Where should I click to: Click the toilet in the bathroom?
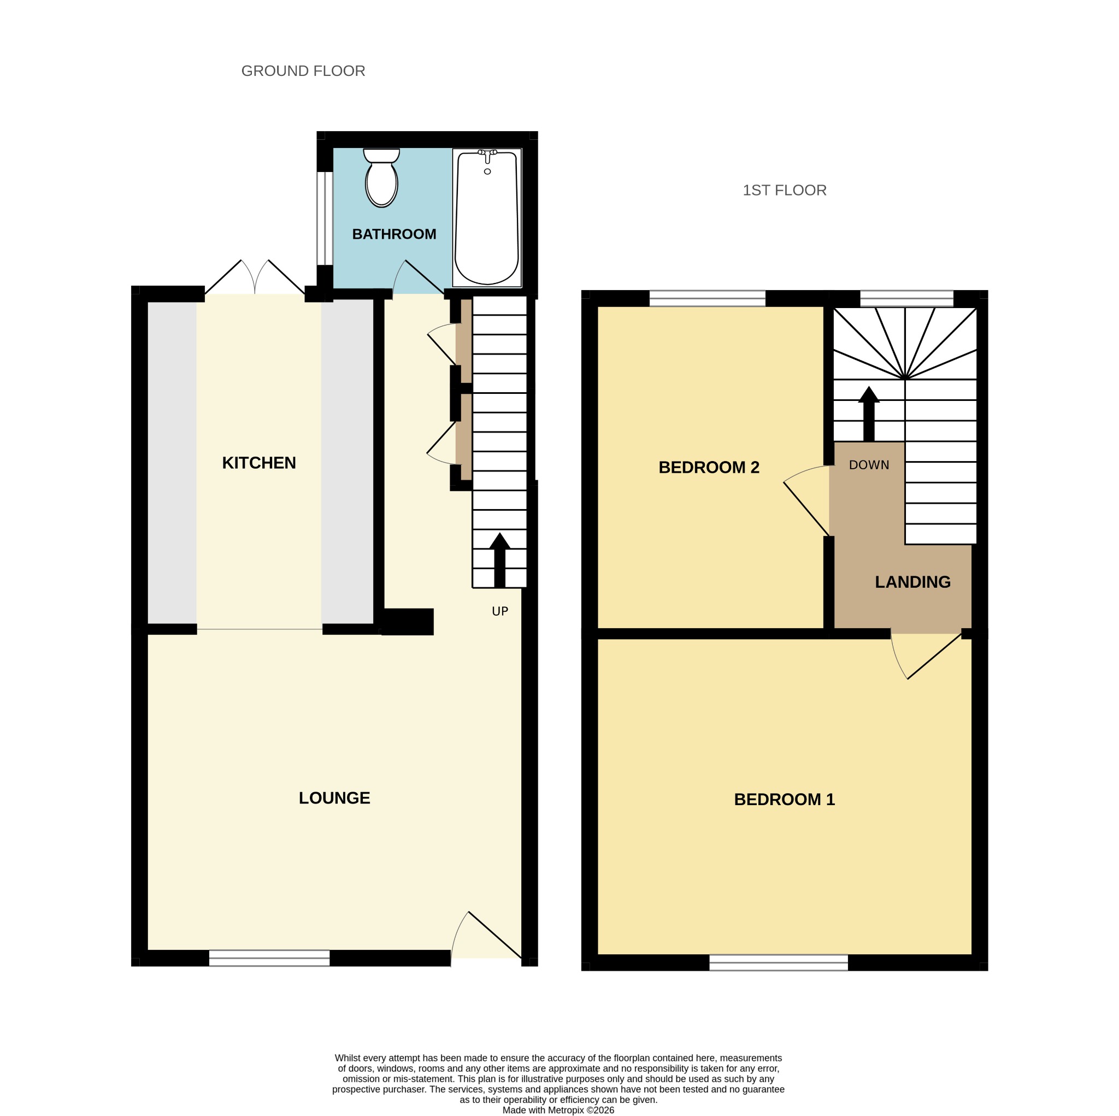click(381, 177)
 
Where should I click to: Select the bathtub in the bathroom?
click(486, 218)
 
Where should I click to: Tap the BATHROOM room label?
click(394, 234)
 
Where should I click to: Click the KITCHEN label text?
click(259, 463)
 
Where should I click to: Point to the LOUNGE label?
click(334, 798)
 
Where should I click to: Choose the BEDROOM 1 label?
click(784, 800)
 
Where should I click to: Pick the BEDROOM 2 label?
click(709, 468)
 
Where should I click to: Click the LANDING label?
click(913, 582)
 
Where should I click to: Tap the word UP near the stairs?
click(500, 611)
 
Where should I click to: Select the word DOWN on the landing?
click(869, 464)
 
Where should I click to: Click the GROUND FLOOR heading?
click(303, 70)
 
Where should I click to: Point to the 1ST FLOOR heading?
click(784, 190)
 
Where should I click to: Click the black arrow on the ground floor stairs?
click(499, 559)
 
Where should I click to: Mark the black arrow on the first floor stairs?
click(869, 414)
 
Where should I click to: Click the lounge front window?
click(269, 958)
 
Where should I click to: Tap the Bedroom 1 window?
click(779, 963)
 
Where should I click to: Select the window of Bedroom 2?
click(707, 298)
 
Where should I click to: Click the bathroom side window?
click(325, 219)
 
